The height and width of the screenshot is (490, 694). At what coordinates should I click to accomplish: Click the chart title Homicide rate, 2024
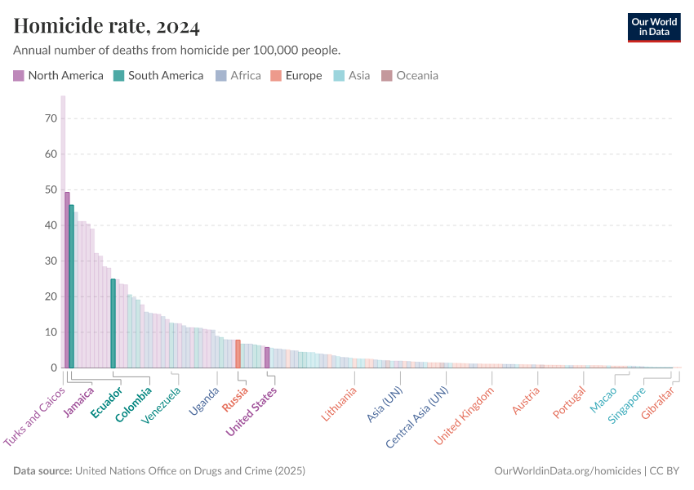106,27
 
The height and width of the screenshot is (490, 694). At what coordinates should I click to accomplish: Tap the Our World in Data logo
653,27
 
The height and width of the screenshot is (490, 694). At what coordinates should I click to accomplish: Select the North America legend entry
59,76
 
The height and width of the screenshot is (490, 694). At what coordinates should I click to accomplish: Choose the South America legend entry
158,76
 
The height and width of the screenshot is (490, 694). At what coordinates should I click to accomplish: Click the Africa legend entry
238,76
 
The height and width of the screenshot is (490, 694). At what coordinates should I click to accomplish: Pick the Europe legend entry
296,76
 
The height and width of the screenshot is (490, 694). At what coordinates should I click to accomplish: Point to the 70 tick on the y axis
51,118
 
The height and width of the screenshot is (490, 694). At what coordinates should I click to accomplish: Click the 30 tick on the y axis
51,261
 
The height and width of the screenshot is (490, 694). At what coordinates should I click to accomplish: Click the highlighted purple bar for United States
267,358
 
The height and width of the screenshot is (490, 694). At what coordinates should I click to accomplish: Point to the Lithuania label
339,403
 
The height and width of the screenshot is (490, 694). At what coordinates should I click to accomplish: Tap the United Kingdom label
465,415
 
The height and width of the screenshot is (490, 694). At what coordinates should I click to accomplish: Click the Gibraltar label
658,403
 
